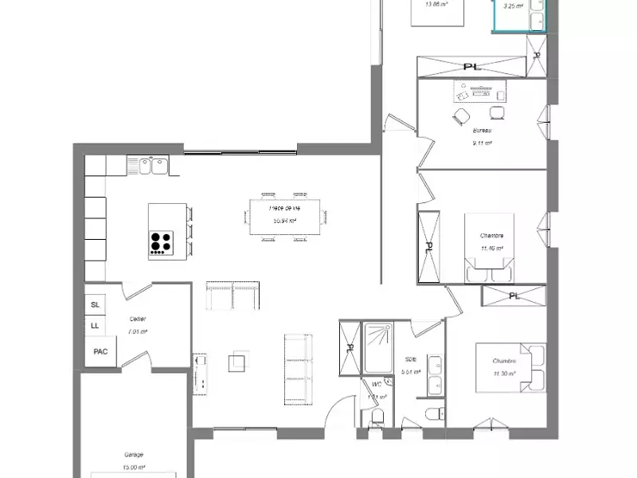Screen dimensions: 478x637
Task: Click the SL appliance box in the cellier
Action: tap(96, 305)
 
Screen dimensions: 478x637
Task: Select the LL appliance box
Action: tap(96, 325)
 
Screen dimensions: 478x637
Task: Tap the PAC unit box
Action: tap(100, 351)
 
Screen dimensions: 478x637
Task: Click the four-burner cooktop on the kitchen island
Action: tap(162, 242)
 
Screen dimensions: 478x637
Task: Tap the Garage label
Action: tap(134, 454)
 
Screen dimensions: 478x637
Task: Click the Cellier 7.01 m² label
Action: tap(138, 325)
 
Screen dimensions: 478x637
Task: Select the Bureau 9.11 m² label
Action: tap(482, 136)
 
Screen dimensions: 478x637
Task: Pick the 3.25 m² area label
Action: tap(513, 6)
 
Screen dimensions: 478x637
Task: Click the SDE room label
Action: tap(411, 359)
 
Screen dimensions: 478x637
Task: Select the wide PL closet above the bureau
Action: tap(471, 66)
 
